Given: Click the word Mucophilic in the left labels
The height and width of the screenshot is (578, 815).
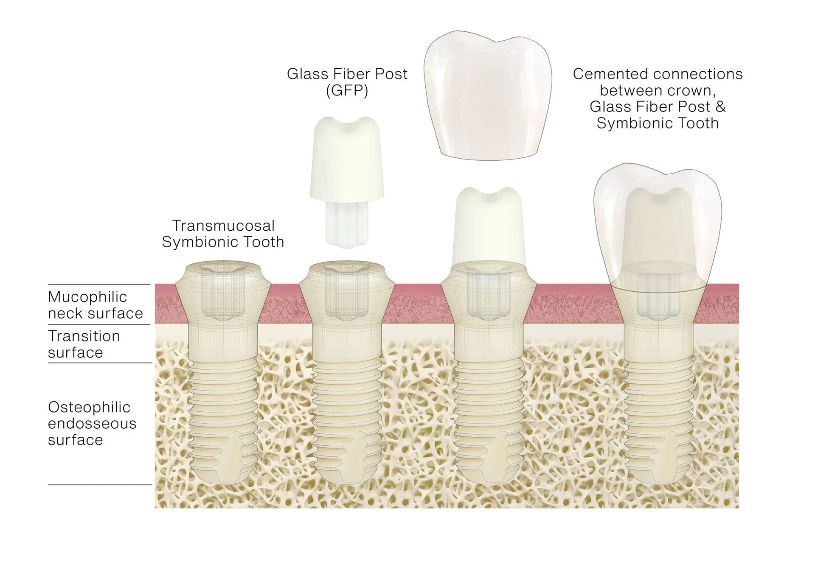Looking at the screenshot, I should coord(87,297).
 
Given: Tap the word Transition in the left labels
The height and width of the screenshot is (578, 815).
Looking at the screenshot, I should coord(84,336).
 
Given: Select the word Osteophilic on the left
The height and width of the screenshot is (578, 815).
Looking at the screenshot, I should coord(89,407).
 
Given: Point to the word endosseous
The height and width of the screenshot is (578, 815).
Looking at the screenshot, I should coord(92,423).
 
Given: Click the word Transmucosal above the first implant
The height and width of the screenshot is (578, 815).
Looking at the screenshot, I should coord(223,225).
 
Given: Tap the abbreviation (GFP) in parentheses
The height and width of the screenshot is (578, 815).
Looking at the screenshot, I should coord(347,90).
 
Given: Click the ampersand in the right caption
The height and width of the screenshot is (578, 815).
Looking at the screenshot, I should coord(720,106).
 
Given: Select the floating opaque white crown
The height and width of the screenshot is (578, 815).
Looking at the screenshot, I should coord(488,98).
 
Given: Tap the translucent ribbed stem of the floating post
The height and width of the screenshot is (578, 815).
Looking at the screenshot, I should coord(347,225).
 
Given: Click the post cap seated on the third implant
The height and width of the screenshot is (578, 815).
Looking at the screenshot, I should coord(488,225).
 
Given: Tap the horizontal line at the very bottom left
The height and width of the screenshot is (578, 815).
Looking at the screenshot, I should coord(100,484).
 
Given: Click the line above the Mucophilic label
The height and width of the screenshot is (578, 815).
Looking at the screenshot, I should coord(99,284).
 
